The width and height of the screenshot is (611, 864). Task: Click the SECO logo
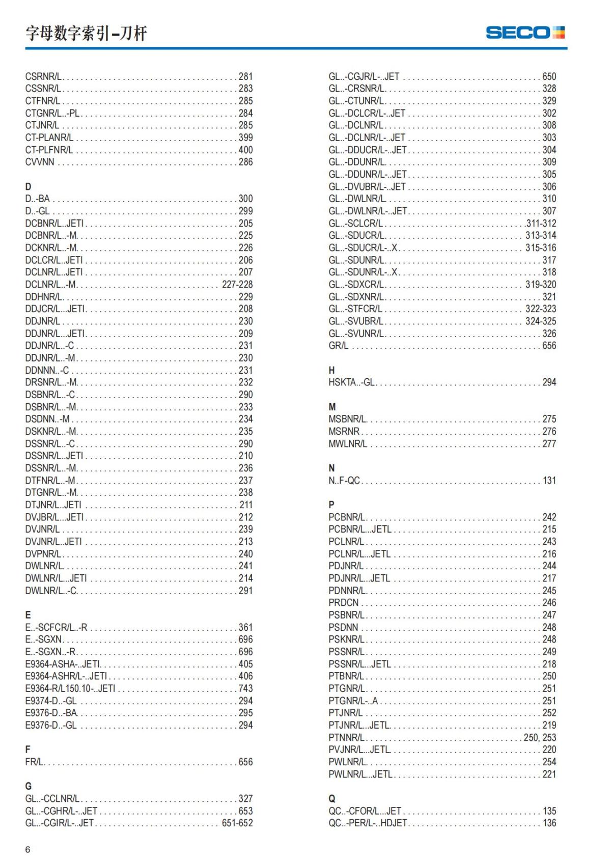point(525,33)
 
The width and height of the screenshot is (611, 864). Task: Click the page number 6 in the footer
point(28,849)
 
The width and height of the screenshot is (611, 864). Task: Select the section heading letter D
point(28,186)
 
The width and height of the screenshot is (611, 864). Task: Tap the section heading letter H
point(331,370)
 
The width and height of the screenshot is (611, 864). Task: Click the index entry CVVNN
point(40,162)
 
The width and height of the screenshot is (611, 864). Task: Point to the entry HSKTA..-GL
point(351,382)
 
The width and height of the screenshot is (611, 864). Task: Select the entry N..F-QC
point(344,480)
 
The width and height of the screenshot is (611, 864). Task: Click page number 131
point(549,480)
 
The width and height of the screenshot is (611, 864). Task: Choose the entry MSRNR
point(344,431)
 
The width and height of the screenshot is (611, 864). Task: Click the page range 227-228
point(237,285)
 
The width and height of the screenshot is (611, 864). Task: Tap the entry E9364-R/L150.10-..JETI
point(70,688)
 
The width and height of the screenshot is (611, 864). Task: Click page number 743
point(245,688)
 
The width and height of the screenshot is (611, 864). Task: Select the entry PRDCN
point(343,603)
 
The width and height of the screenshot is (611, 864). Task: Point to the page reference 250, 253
point(540,737)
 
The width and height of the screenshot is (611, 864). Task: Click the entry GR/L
point(339,346)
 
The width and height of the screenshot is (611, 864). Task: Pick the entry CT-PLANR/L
point(49,137)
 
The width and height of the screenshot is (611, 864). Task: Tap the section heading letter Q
point(332,798)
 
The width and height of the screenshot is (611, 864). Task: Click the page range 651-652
point(237,823)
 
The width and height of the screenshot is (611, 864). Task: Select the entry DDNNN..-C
point(47,370)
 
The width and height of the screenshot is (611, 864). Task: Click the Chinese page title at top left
point(86,34)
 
